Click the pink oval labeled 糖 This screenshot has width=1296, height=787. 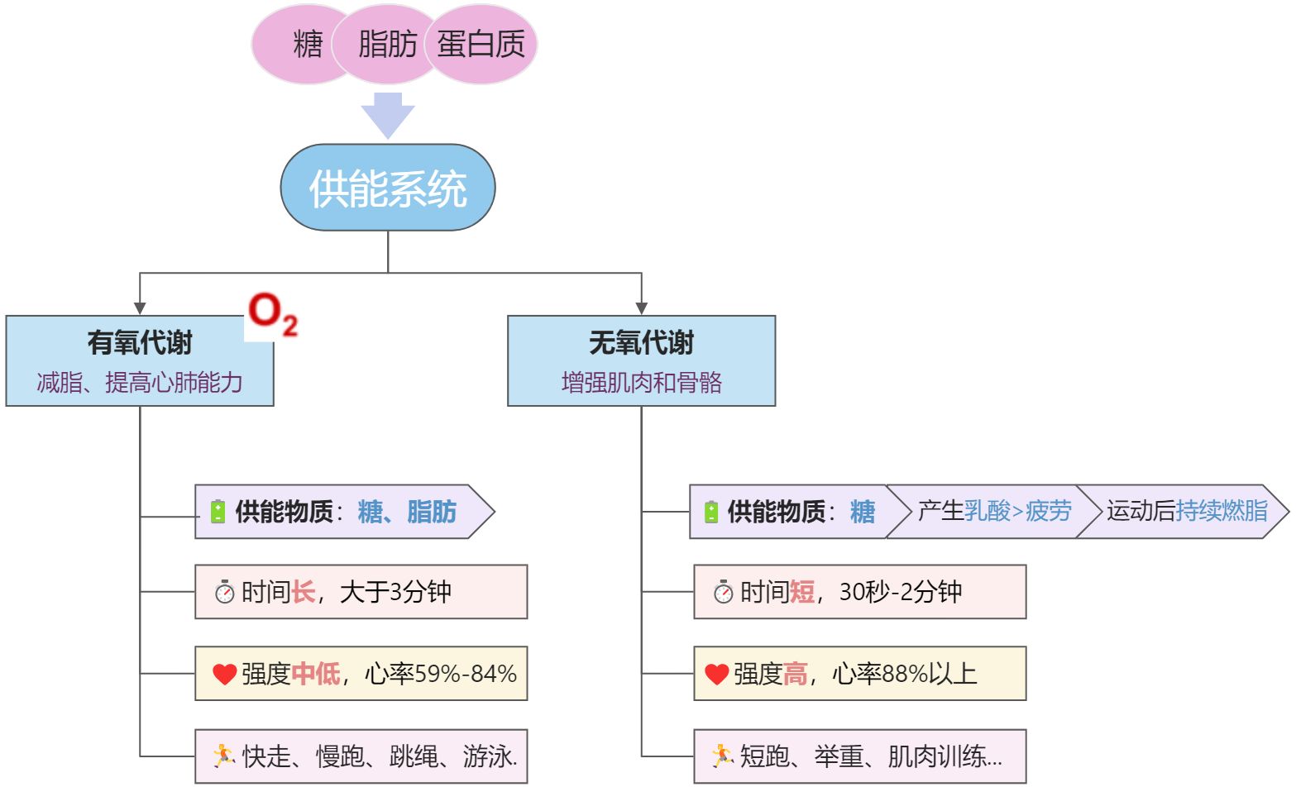[298, 44]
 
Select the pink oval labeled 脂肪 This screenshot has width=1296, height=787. [386, 44]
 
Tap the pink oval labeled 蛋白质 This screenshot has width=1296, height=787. [482, 44]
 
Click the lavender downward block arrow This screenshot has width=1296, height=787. [388, 114]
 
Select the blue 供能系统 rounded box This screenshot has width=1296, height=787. [388, 188]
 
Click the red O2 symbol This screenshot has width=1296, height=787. [272, 314]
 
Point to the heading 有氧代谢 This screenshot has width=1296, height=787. [140, 342]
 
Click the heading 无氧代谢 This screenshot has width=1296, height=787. [641, 342]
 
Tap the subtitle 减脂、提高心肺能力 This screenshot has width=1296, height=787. [140, 382]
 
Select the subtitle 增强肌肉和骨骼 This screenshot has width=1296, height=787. [641, 382]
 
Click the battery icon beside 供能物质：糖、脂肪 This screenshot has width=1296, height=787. [218, 512]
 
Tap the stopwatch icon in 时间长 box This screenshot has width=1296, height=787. [224, 592]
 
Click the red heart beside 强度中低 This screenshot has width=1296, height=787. [224, 674]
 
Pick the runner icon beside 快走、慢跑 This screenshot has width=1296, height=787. [223, 755]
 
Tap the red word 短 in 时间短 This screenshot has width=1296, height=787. [801, 592]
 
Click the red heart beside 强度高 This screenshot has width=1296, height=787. [716, 674]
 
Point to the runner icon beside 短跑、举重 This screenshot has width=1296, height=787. [722, 755]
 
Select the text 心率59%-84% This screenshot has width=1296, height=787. [441, 674]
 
